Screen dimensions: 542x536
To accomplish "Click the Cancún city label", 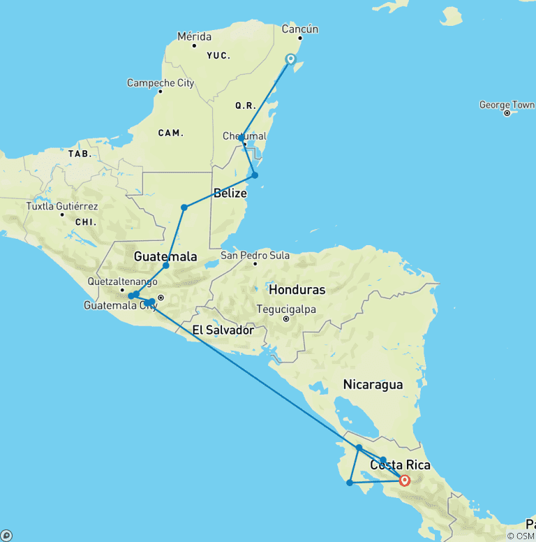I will [x=299, y=29].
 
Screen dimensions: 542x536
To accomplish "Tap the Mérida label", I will [x=194, y=36].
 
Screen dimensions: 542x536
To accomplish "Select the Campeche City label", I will [x=161, y=83].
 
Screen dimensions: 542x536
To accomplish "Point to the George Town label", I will [x=507, y=105].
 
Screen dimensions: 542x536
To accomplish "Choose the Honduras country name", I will [x=297, y=289].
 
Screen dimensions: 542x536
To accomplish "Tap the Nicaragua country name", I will [x=373, y=384].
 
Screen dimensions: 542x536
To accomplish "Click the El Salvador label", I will [x=223, y=330].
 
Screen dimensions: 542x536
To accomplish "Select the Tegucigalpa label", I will [x=286, y=309].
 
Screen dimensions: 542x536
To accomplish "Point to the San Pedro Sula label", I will [x=255, y=256].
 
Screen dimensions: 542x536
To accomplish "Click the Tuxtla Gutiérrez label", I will [x=62, y=207].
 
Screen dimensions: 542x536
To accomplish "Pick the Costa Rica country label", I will [x=400, y=465].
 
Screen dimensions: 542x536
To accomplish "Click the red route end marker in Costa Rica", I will [x=404, y=480].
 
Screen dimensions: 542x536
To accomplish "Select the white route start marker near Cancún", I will [x=290, y=59].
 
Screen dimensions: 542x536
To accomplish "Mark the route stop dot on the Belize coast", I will [x=255, y=175].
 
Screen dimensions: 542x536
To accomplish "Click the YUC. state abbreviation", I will [x=218, y=55].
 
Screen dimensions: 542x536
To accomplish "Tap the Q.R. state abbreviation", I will [x=246, y=105].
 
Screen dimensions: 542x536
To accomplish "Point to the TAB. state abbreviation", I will [x=79, y=153].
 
